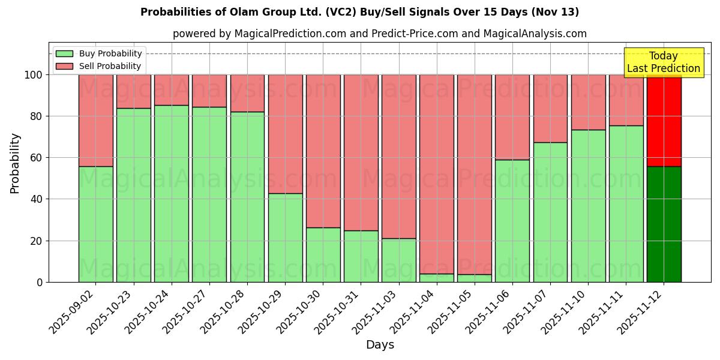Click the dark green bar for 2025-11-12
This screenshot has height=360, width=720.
pos(664,224)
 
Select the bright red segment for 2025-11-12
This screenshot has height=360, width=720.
pos(664,120)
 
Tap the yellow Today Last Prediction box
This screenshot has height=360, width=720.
pos(663,62)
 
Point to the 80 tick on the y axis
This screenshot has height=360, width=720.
pos(36,116)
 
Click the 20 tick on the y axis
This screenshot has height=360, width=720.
pos(36,241)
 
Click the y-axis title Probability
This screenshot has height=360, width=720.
pos(15,163)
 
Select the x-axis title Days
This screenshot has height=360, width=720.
pos(380,345)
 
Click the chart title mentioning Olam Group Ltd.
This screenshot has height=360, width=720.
pos(359,12)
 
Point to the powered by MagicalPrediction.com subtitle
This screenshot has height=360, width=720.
pos(379,34)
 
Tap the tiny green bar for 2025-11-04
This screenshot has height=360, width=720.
pos(437,278)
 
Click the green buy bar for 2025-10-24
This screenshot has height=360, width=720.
pos(172,193)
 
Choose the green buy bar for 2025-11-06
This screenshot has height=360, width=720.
pos(512,220)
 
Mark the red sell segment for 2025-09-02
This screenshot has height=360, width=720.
pos(96,120)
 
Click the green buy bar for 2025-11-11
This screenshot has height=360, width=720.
pos(626,203)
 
